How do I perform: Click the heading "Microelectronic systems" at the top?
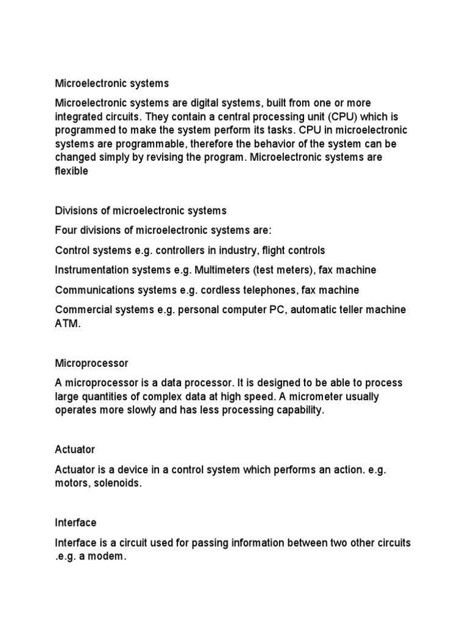click(112, 82)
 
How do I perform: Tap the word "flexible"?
click(72, 171)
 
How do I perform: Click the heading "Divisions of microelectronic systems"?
click(140, 210)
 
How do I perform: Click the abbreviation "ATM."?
click(67, 324)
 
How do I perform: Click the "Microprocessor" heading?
click(91, 363)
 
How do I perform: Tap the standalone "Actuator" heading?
click(75, 450)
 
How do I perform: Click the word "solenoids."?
click(122, 484)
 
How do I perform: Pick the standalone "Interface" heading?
click(76, 523)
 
